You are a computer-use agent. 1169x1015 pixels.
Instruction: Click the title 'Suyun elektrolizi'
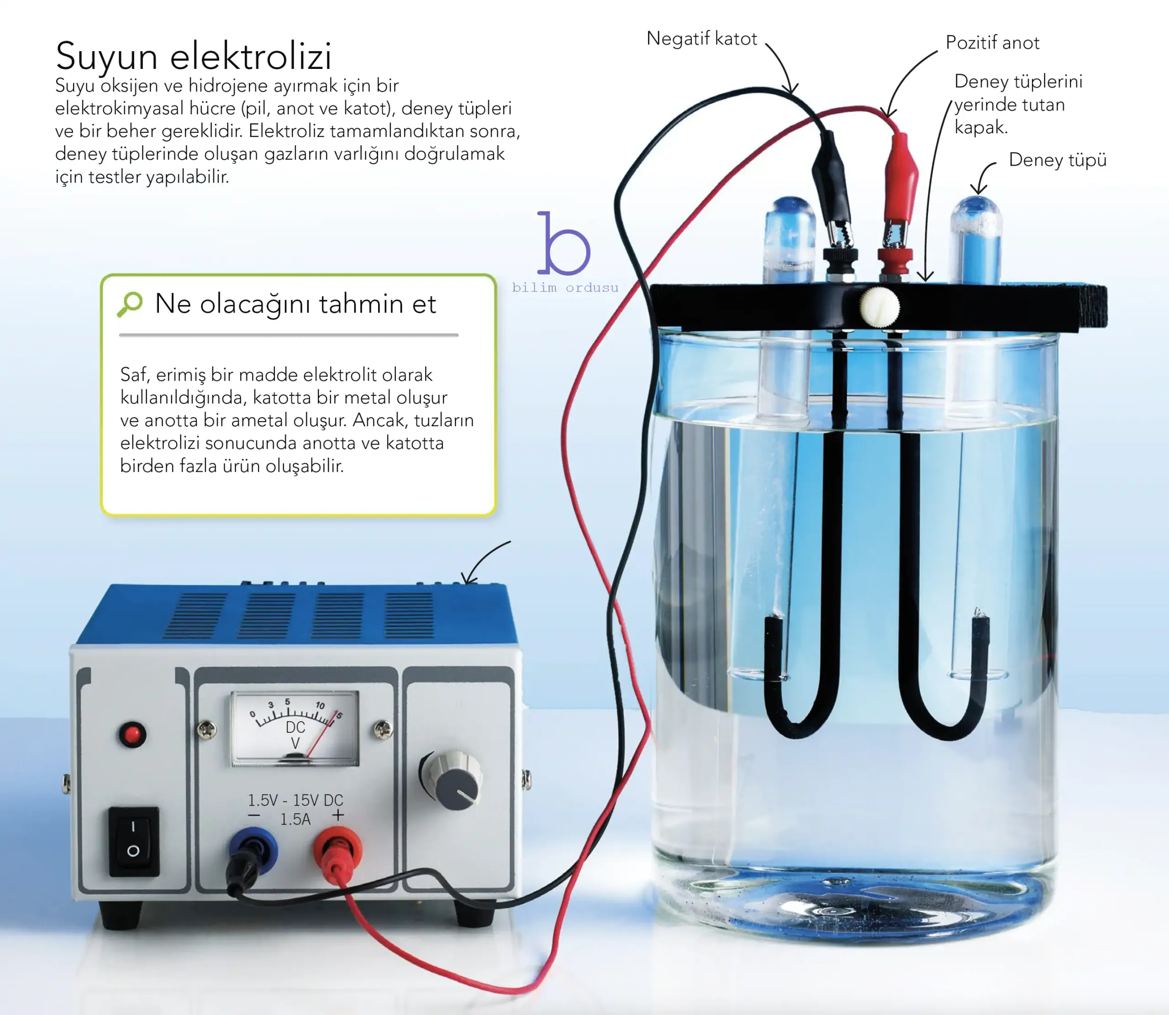(x=193, y=56)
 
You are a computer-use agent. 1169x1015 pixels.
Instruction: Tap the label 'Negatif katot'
(x=701, y=38)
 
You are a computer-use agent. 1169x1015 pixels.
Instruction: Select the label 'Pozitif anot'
(x=992, y=42)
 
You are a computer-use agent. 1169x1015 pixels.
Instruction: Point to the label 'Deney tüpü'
(x=1058, y=160)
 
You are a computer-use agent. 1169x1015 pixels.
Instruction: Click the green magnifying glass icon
(x=130, y=304)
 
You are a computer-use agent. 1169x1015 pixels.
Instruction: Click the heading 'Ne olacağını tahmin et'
(x=295, y=303)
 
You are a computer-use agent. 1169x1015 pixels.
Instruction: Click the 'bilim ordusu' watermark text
(x=565, y=288)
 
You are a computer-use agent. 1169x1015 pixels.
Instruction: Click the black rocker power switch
(x=134, y=842)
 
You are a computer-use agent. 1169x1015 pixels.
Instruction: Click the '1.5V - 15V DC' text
(x=295, y=800)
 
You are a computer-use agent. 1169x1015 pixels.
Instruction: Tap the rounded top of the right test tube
(x=976, y=212)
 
